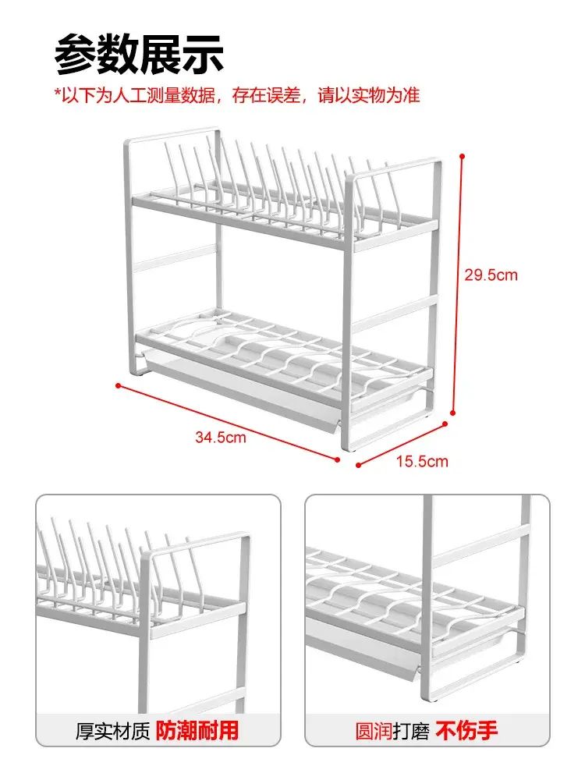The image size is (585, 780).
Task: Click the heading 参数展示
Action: (140, 55)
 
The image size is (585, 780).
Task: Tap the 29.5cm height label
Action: (491, 275)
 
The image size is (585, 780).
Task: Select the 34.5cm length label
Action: (221, 438)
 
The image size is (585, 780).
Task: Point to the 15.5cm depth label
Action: (422, 461)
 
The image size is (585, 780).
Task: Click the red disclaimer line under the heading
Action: (237, 95)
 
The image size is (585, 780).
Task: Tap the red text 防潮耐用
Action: (197, 731)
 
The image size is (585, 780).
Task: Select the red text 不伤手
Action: (466, 731)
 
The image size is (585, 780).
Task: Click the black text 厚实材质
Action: (112, 732)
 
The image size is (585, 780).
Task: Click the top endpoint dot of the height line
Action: (462, 156)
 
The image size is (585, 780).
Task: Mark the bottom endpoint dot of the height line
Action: (452, 413)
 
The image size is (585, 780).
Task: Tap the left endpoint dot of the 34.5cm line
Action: (118, 385)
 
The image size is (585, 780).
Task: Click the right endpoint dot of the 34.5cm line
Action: (338, 459)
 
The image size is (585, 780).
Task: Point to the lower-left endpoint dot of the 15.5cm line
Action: (358, 466)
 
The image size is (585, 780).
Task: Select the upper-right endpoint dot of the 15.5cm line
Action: (445, 424)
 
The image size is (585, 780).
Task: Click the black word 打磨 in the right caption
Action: (411, 732)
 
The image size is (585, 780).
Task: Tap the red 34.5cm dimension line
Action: (228, 422)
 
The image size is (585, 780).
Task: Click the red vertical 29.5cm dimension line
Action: (458, 284)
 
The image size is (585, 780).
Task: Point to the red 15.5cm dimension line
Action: (402, 445)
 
